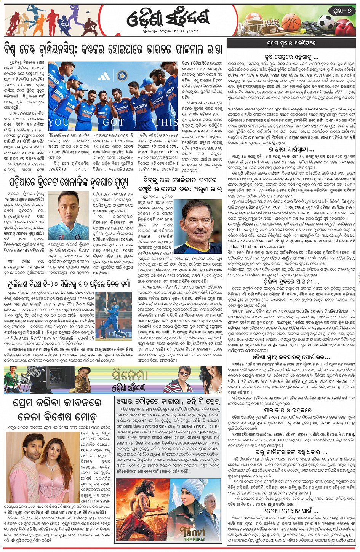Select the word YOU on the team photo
coord(59,122)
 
